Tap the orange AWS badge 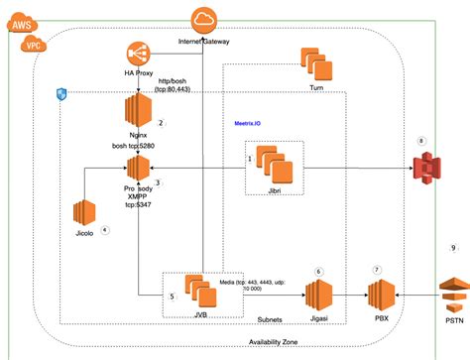point(17,25)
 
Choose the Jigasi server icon point(317,295)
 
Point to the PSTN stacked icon point(453,293)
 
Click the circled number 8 point(422,142)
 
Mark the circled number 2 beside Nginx point(161,123)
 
